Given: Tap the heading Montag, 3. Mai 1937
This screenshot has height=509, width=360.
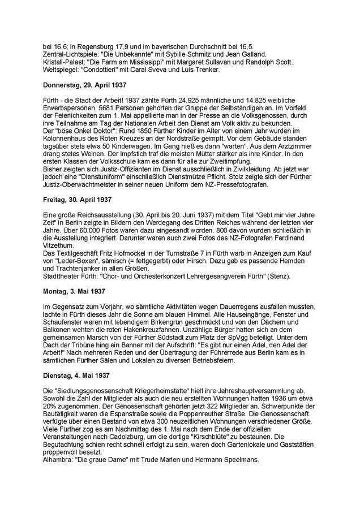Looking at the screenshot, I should [x=74, y=291].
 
